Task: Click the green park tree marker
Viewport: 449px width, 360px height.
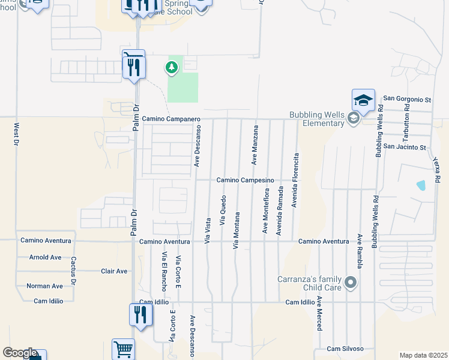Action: point(172,67)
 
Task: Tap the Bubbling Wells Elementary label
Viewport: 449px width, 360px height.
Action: point(319,119)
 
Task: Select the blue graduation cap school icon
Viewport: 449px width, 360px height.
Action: point(363,100)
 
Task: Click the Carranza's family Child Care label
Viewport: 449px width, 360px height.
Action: point(309,283)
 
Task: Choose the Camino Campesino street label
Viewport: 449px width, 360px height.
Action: point(245,180)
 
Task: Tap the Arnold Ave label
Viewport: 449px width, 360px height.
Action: point(45,257)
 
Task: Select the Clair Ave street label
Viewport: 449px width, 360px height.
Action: point(114,271)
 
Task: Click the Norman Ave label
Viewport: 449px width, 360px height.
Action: point(44,286)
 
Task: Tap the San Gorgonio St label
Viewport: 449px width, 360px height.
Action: point(408,98)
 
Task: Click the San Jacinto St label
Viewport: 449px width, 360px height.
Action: point(405,147)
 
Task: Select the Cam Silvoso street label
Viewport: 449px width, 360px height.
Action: point(345,349)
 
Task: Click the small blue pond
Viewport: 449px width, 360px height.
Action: point(421,185)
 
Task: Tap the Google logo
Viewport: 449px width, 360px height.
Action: point(19,353)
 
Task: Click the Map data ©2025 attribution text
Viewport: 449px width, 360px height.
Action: point(423,355)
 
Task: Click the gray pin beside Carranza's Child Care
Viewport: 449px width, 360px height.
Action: point(351,282)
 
